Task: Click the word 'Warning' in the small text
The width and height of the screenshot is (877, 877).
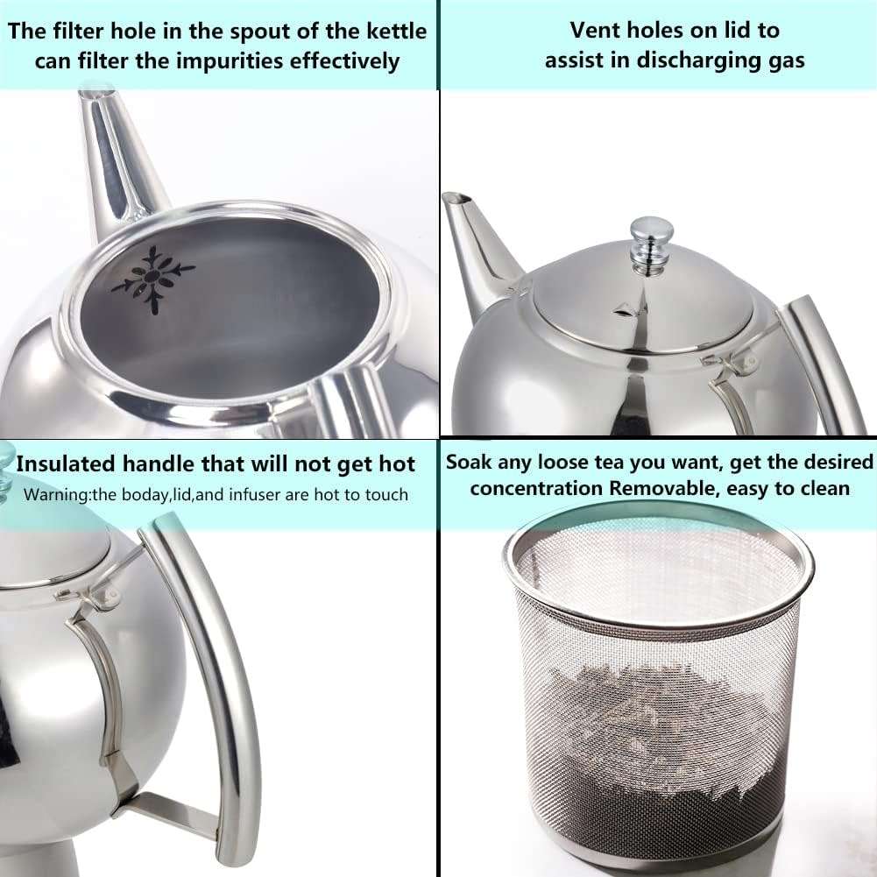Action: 55,494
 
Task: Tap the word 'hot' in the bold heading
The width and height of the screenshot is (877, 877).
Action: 393,463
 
